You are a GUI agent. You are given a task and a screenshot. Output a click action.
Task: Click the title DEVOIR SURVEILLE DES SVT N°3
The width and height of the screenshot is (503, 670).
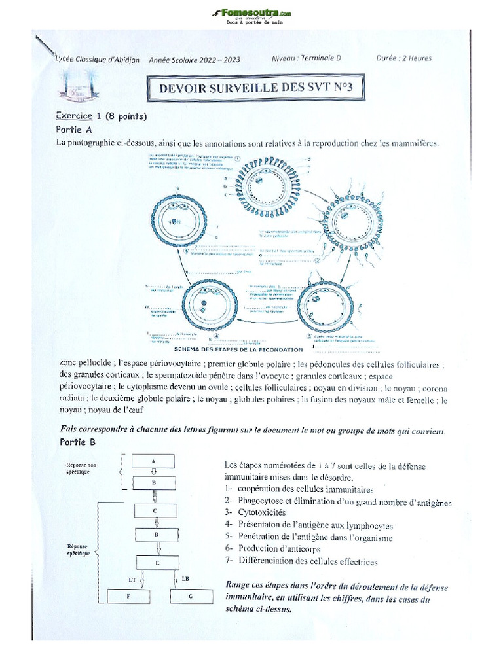click(x=251, y=89)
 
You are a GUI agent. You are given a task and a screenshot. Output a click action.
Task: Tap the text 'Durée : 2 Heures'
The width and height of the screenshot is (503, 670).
click(x=403, y=58)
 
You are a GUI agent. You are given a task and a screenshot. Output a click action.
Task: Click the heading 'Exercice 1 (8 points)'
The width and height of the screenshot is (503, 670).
click(x=101, y=116)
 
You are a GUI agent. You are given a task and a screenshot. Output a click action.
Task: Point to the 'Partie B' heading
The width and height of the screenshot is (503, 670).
click(x=77, y=442)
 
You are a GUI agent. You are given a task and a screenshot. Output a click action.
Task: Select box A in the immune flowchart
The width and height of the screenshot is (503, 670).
click(x=153, y=461)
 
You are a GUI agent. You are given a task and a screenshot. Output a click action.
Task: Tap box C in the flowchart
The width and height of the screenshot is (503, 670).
click(x=155, y=510)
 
